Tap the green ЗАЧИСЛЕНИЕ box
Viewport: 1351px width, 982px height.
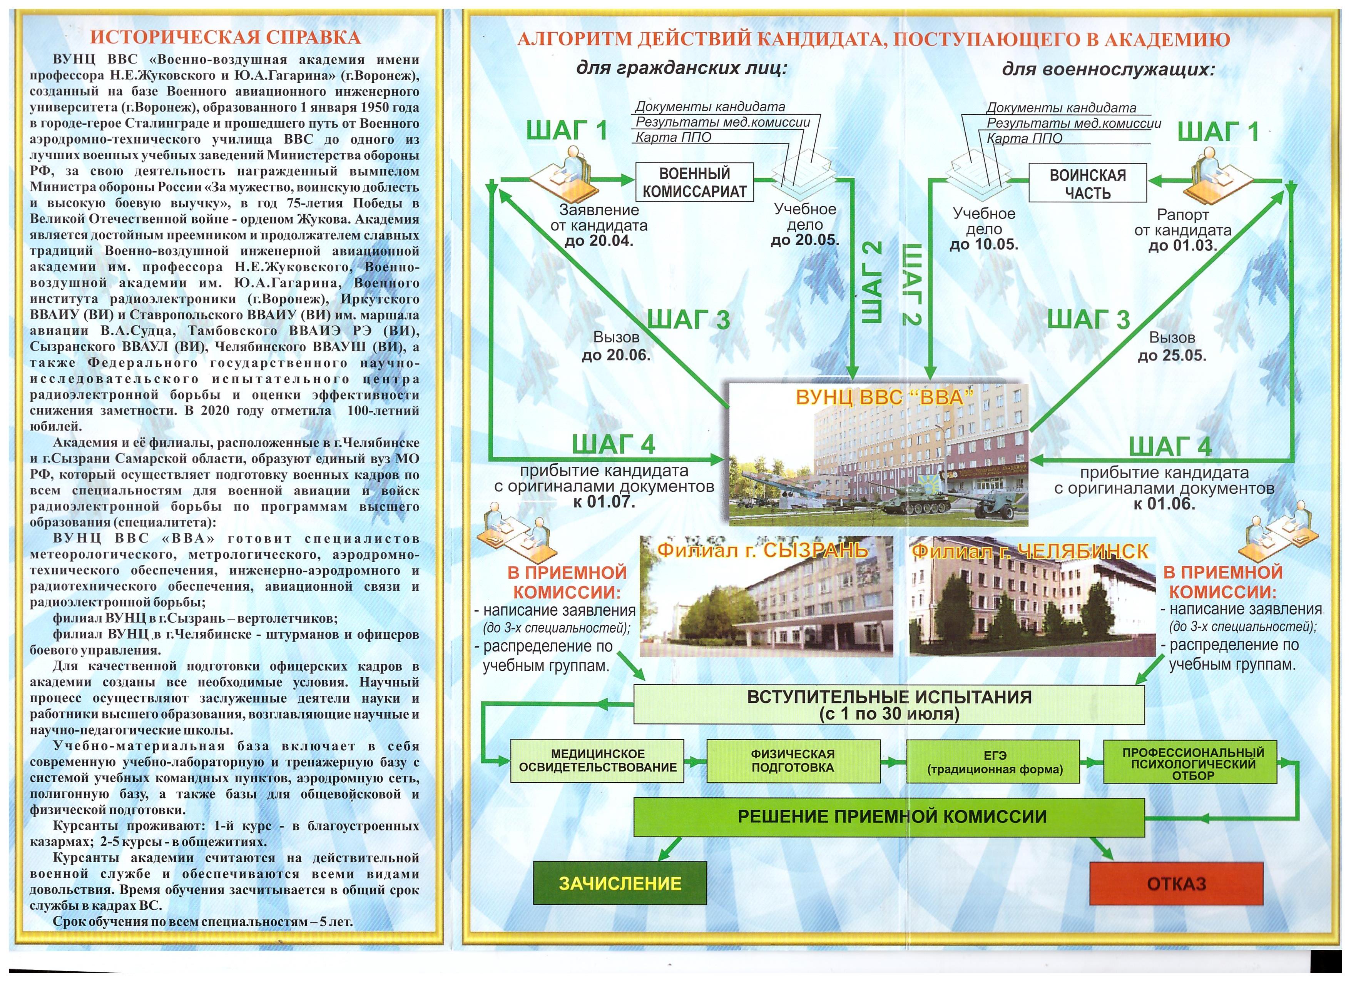click(620, 883)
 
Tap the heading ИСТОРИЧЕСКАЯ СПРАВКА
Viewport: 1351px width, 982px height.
click(225, 37)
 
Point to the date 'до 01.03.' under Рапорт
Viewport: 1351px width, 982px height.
click(1182, 245)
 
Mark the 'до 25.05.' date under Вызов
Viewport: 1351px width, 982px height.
click(1172, 356)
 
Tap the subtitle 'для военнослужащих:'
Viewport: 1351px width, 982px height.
click(1108, 70)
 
